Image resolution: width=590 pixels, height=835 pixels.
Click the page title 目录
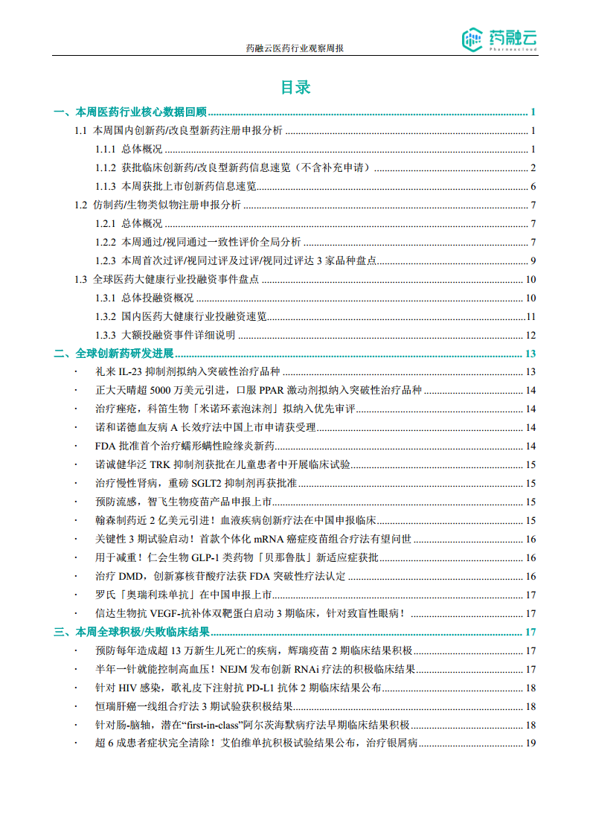pos(295,87)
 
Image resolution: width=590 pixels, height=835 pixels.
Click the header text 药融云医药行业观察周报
pos(295,48)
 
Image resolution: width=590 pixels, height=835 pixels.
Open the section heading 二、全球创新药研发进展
pos(113,353)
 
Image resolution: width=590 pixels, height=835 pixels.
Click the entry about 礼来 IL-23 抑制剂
pos(187,372)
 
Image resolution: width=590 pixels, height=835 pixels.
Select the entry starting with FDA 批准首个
pos(185,447)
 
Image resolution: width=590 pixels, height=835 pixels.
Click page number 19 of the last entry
pos(530,743)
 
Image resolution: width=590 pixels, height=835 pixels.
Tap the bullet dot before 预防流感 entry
pos(76,502)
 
